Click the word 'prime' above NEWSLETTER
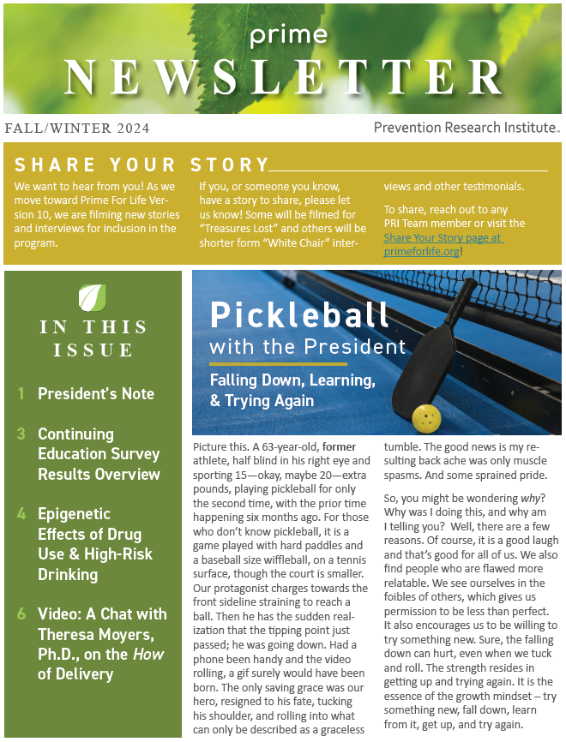pyautogui.click(x=289, y=36)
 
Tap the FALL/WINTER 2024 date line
pyautogui.click(x=77, y=129)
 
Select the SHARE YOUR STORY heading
pyautogui.click(x=141, y=165)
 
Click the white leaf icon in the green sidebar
pyautogui.click(x=92, y=297)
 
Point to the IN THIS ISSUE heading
pyautogui.click(x=93, y=338)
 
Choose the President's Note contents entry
pyautogui.click(x=96, y=394)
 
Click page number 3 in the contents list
pyautogui.click(x=21, y=434)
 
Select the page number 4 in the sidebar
pyautogui.click(x=21, y=514)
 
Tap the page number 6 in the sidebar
pyautogui.click(x=21, y=613)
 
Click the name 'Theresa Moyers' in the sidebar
pyautogui.click(x=93, y=634)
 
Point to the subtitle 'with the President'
pyautogui.click(x=307, y=347)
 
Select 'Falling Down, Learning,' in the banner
pyautogui.click(x=293, y=380)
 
